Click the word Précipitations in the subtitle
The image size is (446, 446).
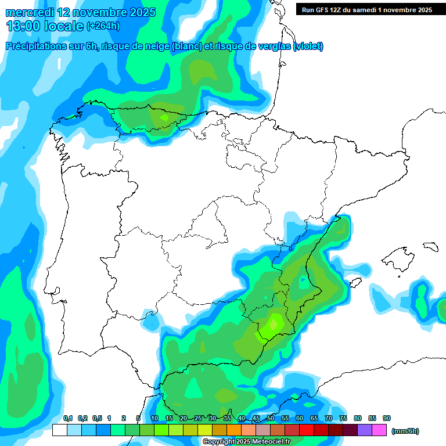[34, 46]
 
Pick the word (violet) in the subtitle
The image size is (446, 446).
[308, 46]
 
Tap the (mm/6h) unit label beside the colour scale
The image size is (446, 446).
[405, 431]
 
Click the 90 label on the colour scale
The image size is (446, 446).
[387, 419]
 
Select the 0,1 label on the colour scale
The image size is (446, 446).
[67, 419]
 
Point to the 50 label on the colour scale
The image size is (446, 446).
[271, 419]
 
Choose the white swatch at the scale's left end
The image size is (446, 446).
[59, 430]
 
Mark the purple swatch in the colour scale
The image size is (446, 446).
[365, 430]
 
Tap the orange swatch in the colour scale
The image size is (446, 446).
[234, 430]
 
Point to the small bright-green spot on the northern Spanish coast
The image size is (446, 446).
[164, 118]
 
